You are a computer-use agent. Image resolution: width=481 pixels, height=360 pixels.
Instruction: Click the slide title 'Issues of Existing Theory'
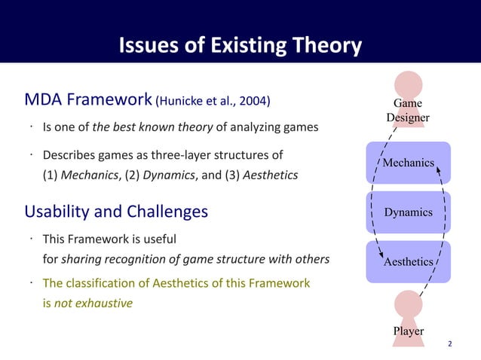[x=240, y=47]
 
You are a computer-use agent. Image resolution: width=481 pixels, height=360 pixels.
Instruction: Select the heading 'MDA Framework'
[x=88, y=100]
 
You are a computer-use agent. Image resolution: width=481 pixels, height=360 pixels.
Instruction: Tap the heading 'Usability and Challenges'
[x=116, y=212]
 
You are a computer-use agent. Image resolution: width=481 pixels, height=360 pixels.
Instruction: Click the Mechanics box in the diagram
[x=408, y=163]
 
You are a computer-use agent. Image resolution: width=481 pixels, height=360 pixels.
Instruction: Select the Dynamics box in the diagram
[x=408, y=212]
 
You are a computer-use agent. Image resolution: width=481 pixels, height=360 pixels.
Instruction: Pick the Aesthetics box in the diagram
[x=408, y=262]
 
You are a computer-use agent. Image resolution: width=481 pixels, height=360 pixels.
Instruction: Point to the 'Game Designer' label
[x=408, y=110]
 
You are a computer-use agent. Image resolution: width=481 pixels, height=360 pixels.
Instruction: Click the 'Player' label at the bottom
[x=408, y=331]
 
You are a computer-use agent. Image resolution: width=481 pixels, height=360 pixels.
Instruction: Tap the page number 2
[x=450, y=344]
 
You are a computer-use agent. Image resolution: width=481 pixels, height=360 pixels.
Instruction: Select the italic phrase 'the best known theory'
[x=153, y=127]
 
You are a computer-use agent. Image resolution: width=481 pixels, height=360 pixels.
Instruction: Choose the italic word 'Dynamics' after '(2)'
[x=166, y=175]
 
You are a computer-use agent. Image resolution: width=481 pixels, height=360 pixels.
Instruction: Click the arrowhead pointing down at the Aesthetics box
[x=381, y=257]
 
